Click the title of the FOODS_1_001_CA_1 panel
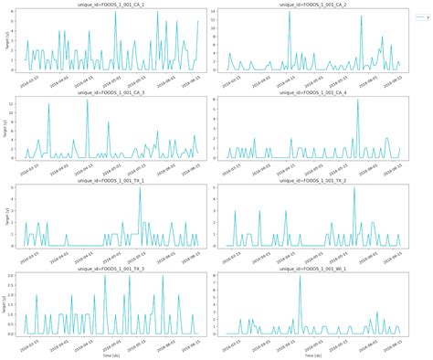[111, 5]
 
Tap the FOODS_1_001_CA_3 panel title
[111, 93]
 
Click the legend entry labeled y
[422, 17]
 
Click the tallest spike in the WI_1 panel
[300, 276]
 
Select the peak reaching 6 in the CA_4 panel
[357, 101]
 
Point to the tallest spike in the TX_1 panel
[140, 188]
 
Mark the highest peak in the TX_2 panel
[354, 188]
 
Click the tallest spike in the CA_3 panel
[87, 101]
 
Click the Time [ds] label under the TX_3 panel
[111, 355]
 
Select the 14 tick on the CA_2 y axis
[212, 11]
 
